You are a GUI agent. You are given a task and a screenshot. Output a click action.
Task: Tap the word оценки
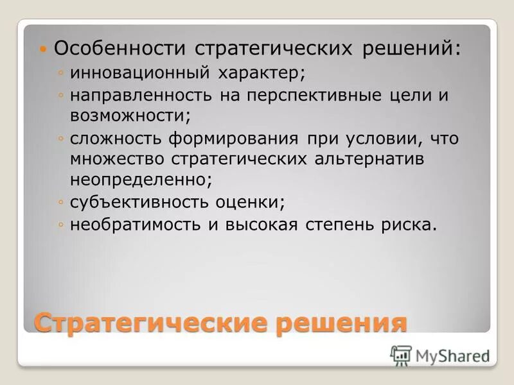click(251, 202)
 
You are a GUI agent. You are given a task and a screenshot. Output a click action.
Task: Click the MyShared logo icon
click(401, 355)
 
